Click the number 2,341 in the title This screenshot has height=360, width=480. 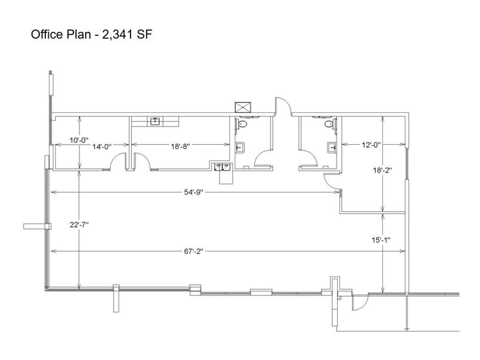pos(118,35)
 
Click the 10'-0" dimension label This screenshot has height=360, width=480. pos(79,140)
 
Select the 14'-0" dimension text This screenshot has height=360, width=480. pos(102,146)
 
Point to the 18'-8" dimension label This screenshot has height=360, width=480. pos(181,146)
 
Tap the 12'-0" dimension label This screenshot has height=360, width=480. pos(371,145)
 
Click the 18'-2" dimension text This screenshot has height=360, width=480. pos(382,170)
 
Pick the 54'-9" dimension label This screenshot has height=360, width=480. pos(194,192)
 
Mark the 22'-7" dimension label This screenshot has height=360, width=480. pos(79,225)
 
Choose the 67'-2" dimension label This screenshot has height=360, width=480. pos(194,251)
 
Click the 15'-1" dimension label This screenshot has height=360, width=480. pos(381,240)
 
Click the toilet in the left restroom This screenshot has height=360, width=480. pos(242,124)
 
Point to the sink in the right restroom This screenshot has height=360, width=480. pos(332,148)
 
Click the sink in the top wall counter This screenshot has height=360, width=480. pos(155,122)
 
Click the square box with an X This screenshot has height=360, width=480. pos(243,108)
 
